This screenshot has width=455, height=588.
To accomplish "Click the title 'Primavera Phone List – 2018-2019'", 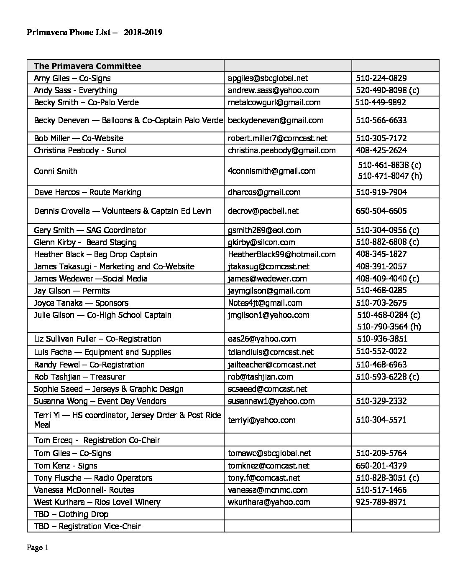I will (94, 32).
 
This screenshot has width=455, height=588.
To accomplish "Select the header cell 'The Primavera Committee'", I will (87, 66).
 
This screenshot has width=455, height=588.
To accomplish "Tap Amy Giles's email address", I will (268, 78).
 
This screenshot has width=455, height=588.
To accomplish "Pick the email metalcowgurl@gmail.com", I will (274, 102).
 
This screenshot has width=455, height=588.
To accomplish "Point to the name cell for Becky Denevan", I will (128, 120).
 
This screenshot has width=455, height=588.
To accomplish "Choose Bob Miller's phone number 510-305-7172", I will (381, 138).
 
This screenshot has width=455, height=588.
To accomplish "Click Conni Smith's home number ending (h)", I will (390, 176).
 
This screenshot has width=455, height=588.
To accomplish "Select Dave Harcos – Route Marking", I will (87, 192).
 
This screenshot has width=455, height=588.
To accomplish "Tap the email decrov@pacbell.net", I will (263, 211).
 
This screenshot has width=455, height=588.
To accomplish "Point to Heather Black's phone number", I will (381, 254).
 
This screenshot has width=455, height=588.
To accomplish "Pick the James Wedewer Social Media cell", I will (90, 279).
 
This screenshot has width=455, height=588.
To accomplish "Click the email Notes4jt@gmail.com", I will (265, 303).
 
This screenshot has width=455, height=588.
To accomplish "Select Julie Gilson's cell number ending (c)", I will (389, 315).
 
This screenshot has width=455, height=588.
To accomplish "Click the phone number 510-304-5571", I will (381, 420).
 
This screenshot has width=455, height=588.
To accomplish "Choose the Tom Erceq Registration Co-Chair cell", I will (97, 440).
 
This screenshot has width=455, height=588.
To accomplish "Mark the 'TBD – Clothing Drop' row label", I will (71, 514).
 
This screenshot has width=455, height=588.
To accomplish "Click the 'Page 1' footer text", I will (38, 547).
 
